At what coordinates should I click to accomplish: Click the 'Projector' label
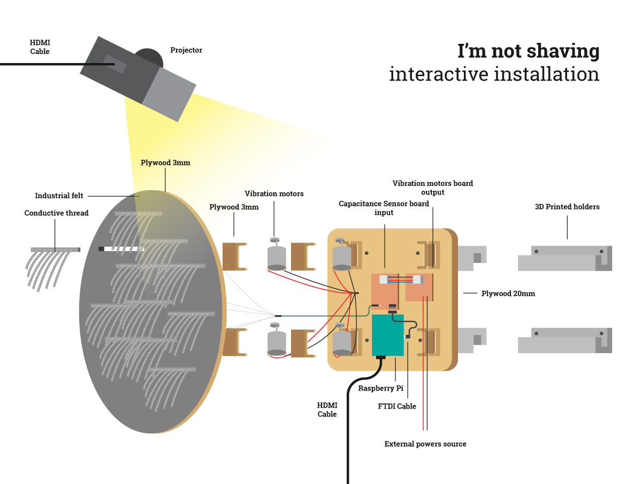click(x=186, y=51)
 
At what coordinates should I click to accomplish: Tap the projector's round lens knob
click(x=149, y=57)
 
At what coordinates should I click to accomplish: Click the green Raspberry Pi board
click(x=387, y=335)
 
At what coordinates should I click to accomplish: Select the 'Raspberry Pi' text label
click(x=380, y=388)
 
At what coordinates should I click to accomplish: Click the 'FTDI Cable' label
click(x=396, y=407)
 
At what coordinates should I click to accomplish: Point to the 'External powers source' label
click(x=425, y=444)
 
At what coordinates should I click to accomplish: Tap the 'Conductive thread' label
click(x=56, y=213)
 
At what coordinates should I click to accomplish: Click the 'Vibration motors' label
click(x=274, y=194)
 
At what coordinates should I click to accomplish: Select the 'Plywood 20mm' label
click(x=508, y=293)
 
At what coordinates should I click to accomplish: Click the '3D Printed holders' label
click(x=567, y=207)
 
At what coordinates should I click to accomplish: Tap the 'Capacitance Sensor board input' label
click(x=384, y=208)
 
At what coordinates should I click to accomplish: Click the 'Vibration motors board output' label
click(x=432, y=188)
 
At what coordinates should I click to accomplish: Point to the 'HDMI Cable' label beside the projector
click(x=40, y=47)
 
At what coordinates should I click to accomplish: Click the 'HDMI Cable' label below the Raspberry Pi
click(x=327, y=410)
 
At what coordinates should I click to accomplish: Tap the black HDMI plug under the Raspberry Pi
click(x=382, y=357)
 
